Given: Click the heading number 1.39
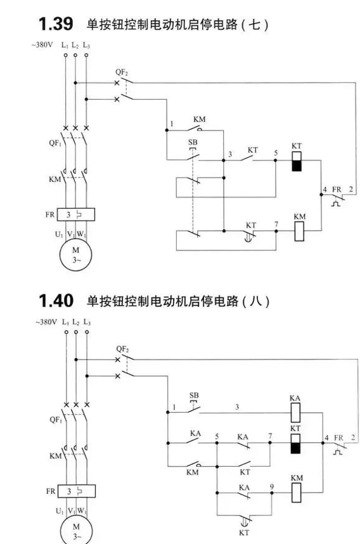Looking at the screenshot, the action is [56, 24].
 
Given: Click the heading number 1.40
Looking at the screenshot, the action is [56, 301].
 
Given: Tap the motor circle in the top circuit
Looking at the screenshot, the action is [75, 255].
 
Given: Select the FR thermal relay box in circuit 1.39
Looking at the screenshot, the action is [75, 214].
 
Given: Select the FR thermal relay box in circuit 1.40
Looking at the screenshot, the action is [76, 491].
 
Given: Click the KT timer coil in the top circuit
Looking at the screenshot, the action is [297, 161].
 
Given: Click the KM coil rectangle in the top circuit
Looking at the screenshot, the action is [299, 231].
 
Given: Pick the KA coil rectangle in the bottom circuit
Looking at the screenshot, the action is [295, 412].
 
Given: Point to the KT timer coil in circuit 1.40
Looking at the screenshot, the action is [295, 443].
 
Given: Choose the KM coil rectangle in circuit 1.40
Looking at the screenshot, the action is [297, 492].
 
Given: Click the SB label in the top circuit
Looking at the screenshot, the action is [193, 142].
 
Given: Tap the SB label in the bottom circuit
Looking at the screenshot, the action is [194, 395].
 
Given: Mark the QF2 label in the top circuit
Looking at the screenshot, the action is [122, 72].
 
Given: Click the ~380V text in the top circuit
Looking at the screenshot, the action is [42, 45].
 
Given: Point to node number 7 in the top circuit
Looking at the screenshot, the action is [276, 224].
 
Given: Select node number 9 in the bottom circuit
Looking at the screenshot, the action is [272, 487].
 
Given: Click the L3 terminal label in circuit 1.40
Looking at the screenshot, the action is [87, 322].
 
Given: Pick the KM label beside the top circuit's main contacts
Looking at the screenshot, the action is [55, 179].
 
